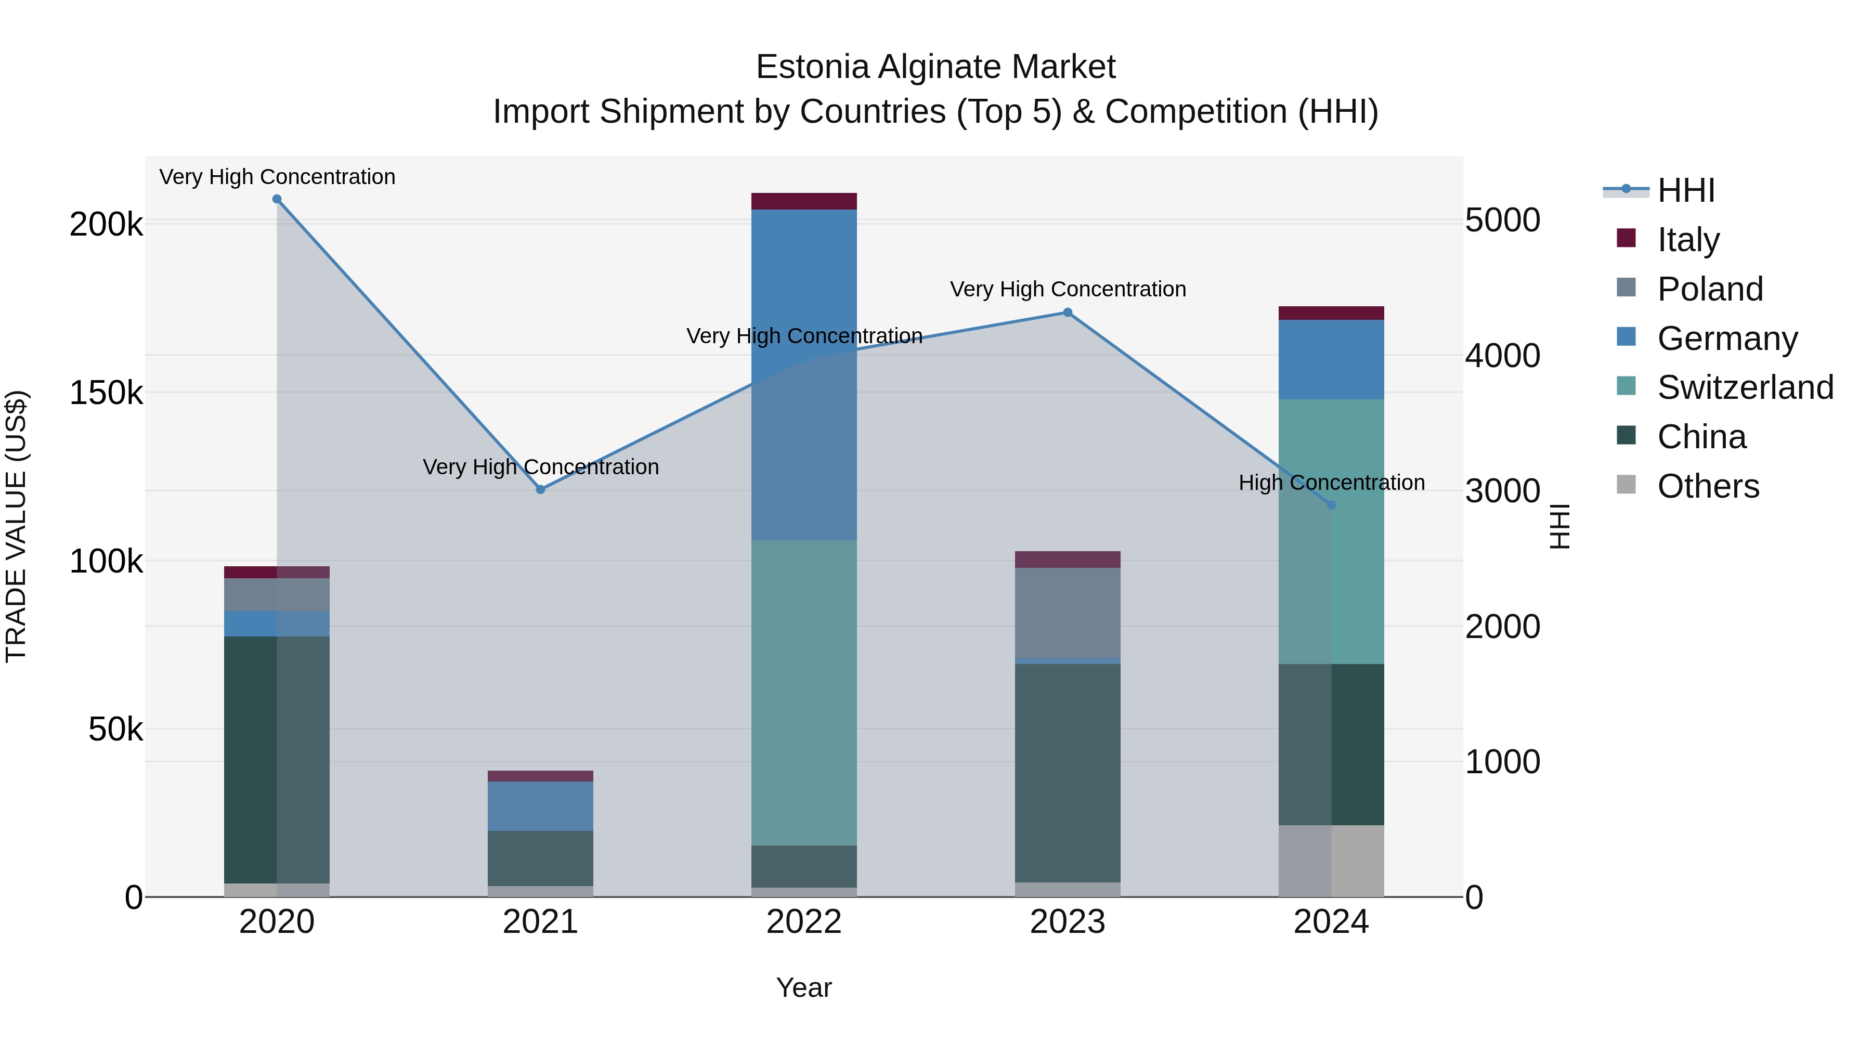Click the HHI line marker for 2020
[277, 199]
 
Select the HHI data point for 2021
[541, 490]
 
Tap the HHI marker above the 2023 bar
[1068, 313]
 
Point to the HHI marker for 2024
[1331, 505]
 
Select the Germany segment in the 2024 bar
[1331, 360]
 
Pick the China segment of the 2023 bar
[1068, 773]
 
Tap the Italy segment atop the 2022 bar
[804, 201]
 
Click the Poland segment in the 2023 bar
[1068, 613]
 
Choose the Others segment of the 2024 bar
[1331, 861]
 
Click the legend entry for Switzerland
[1745, 387]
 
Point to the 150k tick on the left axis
[106, 393]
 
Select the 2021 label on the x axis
[541, 922]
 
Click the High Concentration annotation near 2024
[1331, 483]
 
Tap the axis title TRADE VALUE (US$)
[16, 526]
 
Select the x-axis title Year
[804, 987]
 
